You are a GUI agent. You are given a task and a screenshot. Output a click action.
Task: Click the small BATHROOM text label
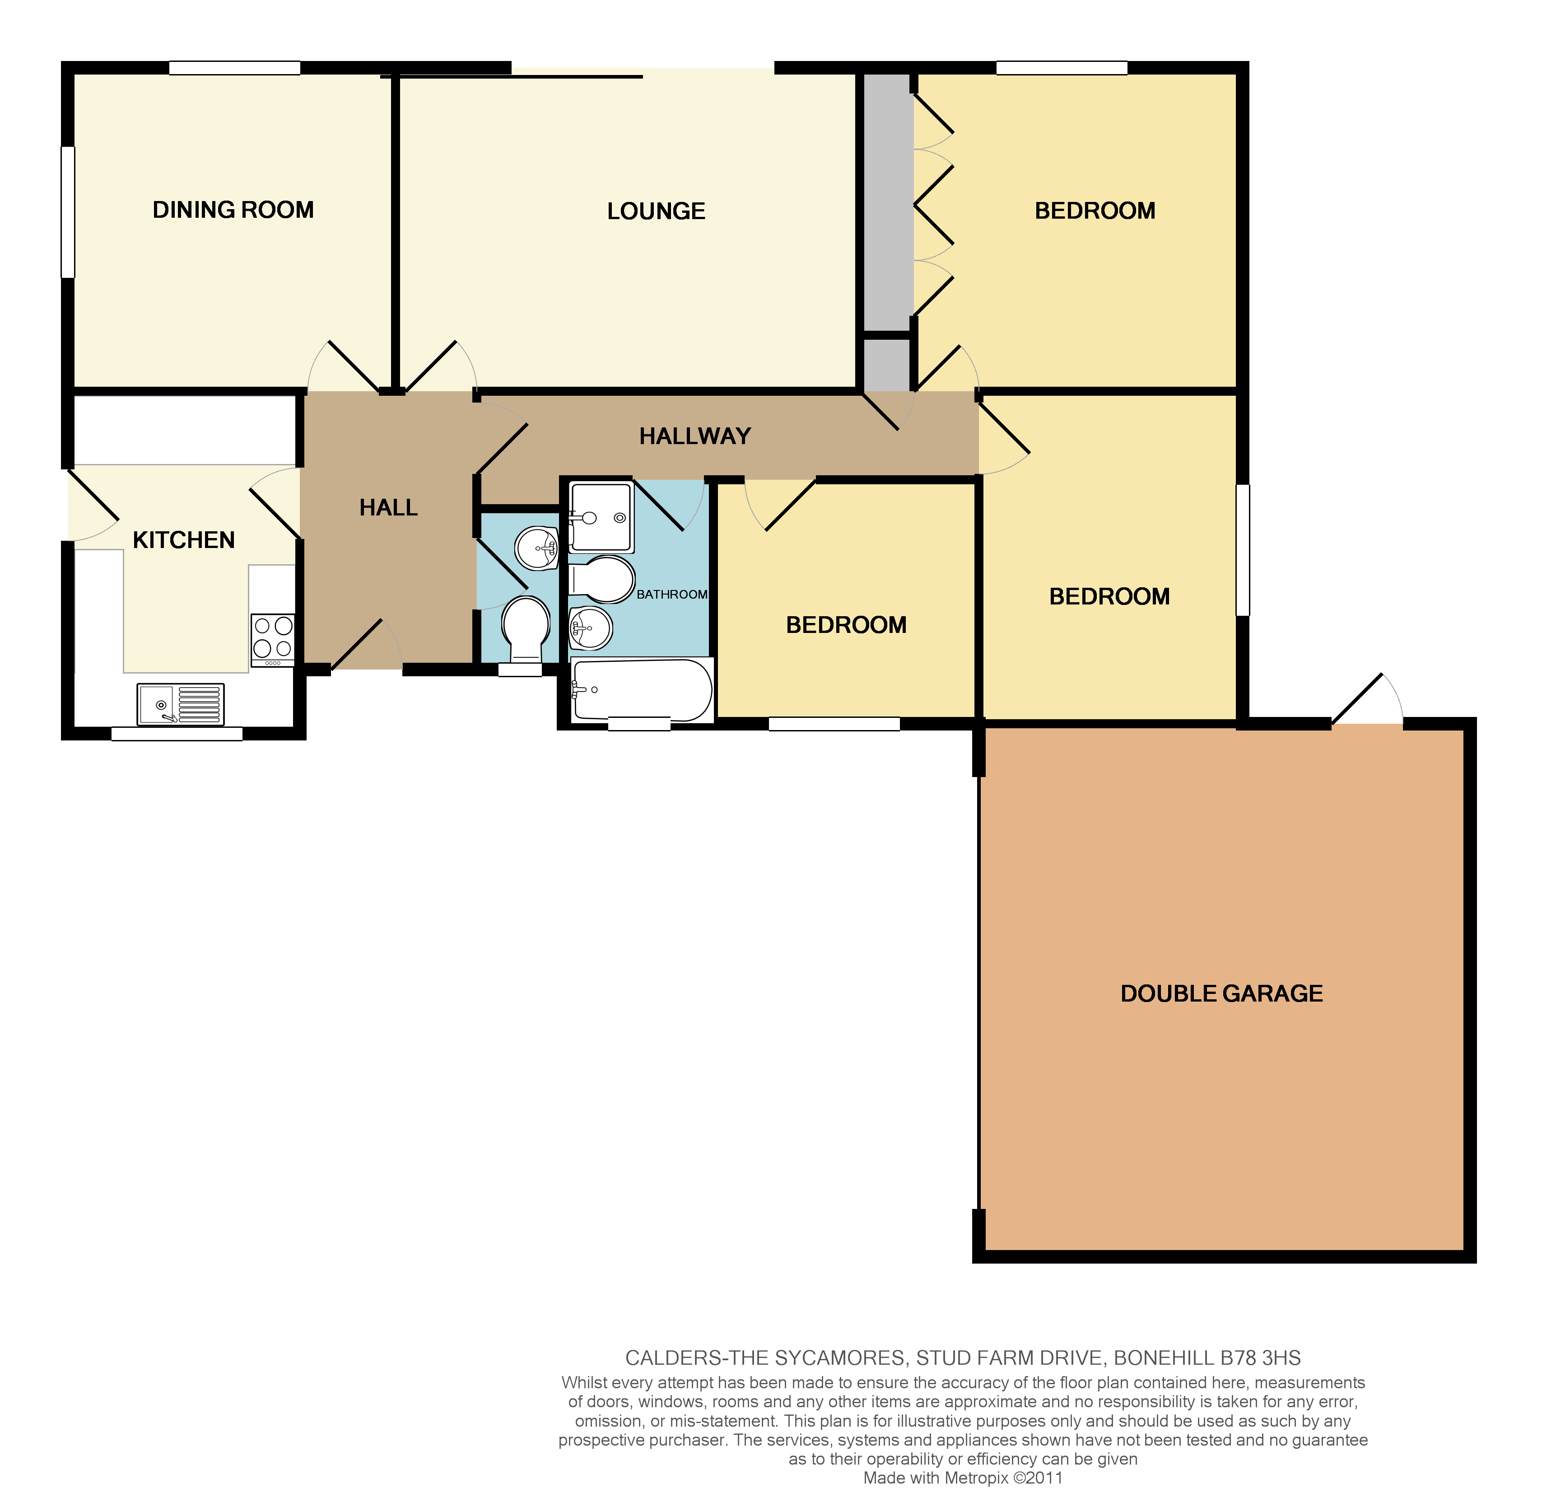[x=671, y=594]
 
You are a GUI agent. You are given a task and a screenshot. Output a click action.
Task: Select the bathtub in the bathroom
[x=642, y=689]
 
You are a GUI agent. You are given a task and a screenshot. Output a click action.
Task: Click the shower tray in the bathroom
[x=602, y=517]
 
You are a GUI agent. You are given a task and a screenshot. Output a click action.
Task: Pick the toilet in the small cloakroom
[x=526, y=628]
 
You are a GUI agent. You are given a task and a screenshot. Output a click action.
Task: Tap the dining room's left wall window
[x=68, y=212]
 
